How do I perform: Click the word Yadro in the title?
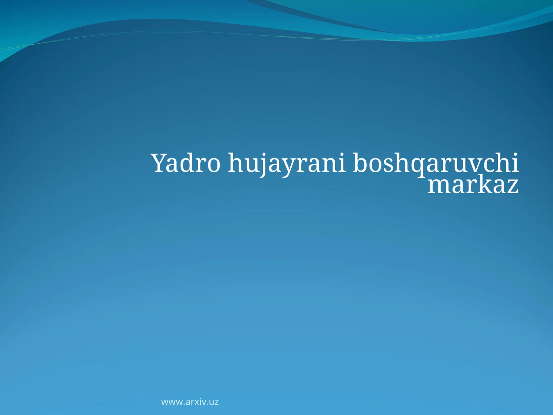point(186,163)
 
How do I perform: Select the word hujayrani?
point(287,163)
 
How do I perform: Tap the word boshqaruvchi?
point(435,163)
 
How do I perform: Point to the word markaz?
point(473,185)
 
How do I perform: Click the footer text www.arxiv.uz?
point(190,402)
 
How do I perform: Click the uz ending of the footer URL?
point(214,402)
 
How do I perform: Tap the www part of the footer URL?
point(172,402)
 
